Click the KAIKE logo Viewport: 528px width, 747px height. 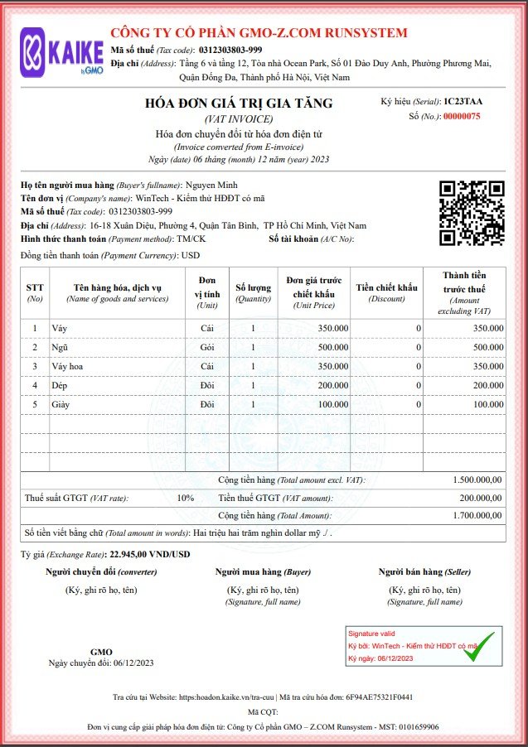point(62,51)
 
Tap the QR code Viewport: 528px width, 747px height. point(470,213)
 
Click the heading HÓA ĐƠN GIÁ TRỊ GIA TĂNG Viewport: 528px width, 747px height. point(238,104)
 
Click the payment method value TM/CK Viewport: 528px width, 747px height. point(192,239)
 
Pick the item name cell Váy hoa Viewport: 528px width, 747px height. point(69,366)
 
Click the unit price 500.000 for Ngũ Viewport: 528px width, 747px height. point(332,347)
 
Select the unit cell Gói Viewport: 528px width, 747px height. point(207,347)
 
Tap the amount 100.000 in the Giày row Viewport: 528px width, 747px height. point(488,404)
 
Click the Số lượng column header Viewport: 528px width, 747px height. point(253,292)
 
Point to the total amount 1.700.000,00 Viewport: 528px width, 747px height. point(477,515)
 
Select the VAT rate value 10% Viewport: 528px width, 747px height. point(185,498)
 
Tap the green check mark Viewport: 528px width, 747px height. point(478,646)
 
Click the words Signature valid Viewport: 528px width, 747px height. point(371,632)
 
